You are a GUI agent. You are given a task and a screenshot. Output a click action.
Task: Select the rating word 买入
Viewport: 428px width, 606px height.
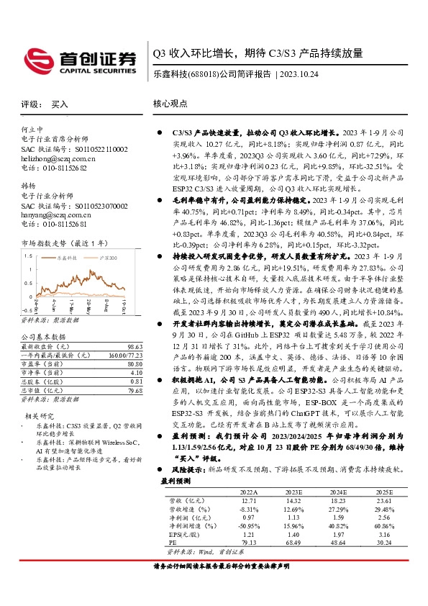coord(60,104)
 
